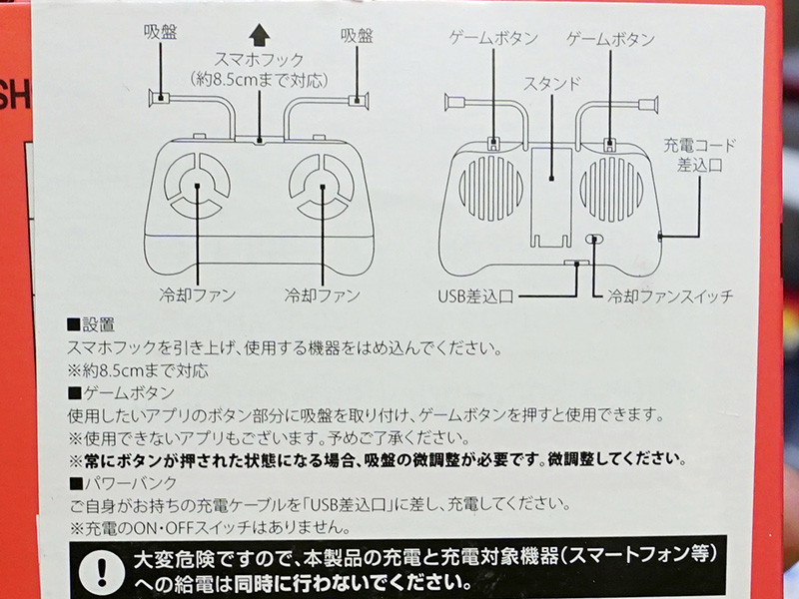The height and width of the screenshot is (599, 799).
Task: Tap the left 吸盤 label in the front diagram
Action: click(x=160, y=32)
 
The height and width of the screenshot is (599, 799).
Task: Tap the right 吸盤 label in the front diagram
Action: click(x=357, y=36)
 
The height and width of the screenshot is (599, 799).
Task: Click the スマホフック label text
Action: click(x=259, y=60)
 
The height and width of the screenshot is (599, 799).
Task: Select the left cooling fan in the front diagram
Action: click(x=197, y=186)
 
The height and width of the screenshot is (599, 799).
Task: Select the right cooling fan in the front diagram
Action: click(x=322, y=187)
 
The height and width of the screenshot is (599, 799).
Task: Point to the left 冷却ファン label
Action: click(x=197, y=295)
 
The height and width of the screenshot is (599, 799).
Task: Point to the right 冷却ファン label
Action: click(x=322, y=295)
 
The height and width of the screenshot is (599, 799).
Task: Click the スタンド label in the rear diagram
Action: click(x=552, y=83)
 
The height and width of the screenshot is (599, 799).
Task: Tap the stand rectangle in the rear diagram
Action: click(x=551, y=197)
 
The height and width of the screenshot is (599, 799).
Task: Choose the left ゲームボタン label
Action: click(x=493, y=38)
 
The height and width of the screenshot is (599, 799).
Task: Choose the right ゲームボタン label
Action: click(x=610, y=39)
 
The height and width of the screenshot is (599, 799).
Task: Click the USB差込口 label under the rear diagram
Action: click(x=476, y=296)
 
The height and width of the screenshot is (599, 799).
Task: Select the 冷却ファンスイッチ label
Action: click(x=669, y=296)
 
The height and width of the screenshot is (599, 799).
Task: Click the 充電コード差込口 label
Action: click(x=699, y=155)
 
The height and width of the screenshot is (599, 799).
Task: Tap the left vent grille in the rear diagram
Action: click(x=490, y=188)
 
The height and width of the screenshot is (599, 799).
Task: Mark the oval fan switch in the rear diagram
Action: click(x=594, y=239)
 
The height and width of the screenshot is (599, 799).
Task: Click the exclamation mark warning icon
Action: click(x=103, y=569)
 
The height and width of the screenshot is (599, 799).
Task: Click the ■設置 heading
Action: click(x=91, y=324)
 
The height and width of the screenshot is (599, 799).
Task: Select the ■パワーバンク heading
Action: click(x=123, y=482)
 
